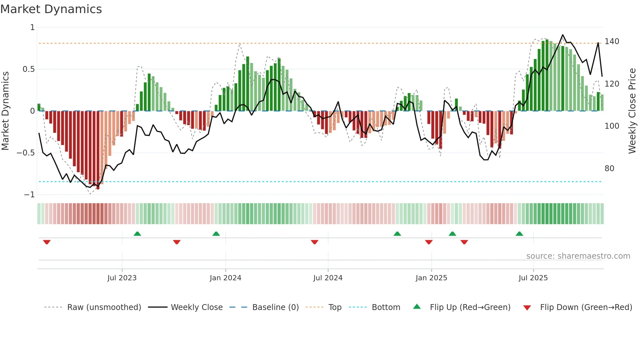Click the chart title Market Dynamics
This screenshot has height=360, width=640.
coord(51,9)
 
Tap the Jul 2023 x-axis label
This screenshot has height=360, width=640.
coord(122,278)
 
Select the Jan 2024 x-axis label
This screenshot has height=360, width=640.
coord(225,278)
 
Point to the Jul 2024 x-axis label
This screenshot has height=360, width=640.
coord(328,278)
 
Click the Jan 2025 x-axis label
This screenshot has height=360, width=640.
coord(431,278)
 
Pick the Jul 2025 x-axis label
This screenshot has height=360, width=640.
coord(533,278)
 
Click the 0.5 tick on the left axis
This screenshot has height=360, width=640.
coord(29,69)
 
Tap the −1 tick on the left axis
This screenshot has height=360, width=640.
coord(29,195)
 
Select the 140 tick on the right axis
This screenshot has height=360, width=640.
coord(612,41)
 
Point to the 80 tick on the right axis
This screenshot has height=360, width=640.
coord(609,169)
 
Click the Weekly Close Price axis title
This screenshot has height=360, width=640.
coord(632,111)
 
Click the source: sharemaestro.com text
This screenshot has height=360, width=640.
coord(578,256)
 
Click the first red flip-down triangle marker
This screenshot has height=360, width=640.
coord(47,242)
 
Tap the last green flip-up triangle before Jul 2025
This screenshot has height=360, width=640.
coord(519,234)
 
